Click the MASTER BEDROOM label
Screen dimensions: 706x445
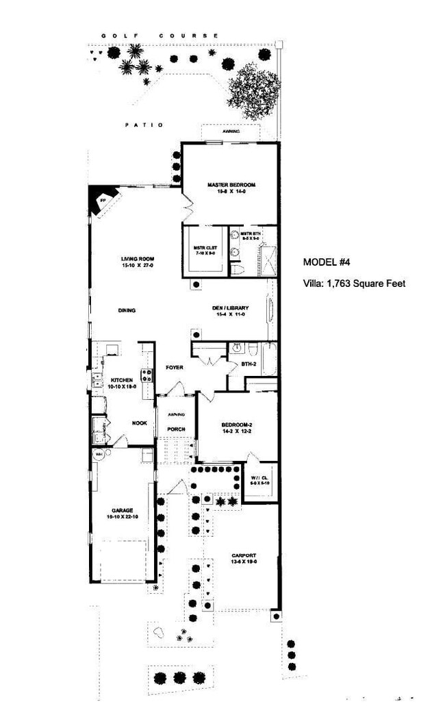tap(231, 185)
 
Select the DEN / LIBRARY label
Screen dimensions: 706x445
tap(230, 308)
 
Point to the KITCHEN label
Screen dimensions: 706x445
tap(122, 379)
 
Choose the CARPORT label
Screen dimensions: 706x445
tap(244, 555)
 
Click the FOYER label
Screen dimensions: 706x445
tap(175, 368)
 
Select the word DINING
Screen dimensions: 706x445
tap(127, 310)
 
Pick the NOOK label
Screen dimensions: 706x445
tap(140, 423)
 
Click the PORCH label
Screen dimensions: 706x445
tap(177, 429)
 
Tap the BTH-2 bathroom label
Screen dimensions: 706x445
tap(249, 364)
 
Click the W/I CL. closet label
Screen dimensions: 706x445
tap(259, 477)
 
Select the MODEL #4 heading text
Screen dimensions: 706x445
tap(327, 262)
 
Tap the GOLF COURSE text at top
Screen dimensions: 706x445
tap(160, 35)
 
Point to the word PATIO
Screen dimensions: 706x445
tap(144, 125)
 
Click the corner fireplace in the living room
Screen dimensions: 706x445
tap(102, 201)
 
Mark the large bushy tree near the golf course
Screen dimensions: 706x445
tap(253, 91)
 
